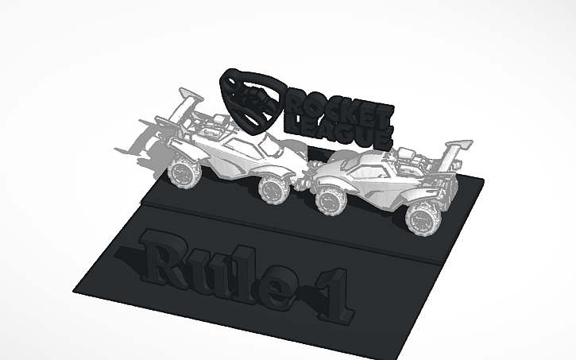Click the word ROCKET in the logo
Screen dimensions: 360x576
(x=337, y=103)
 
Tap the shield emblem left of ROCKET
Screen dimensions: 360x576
(x=253, y=100)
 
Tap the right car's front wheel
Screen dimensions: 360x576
(x=329, y=199)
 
